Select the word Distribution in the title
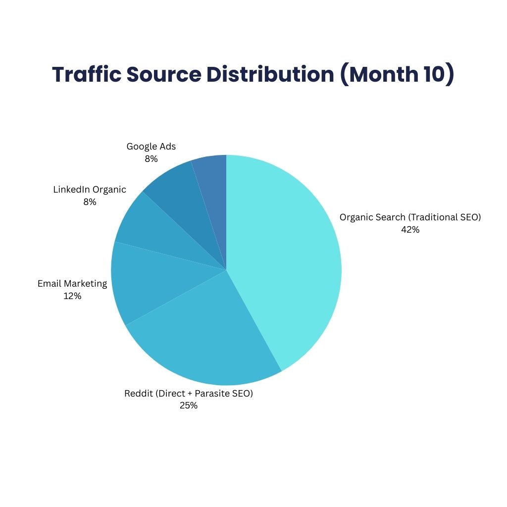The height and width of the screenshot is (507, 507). click(270, 74)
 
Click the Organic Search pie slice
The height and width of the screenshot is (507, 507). click(287, 257)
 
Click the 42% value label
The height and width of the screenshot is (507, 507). click(410, 230)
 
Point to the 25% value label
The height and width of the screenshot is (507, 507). click(188, 406)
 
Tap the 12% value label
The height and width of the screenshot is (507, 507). click(72, 296)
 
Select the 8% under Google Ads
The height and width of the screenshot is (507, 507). click(151, 159)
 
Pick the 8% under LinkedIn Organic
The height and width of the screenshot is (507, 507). click(90, 202)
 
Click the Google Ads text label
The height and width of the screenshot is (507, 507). click(151, 147)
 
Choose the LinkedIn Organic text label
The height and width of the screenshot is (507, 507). click(90, 190)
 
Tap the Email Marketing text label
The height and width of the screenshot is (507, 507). click(72, 284)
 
